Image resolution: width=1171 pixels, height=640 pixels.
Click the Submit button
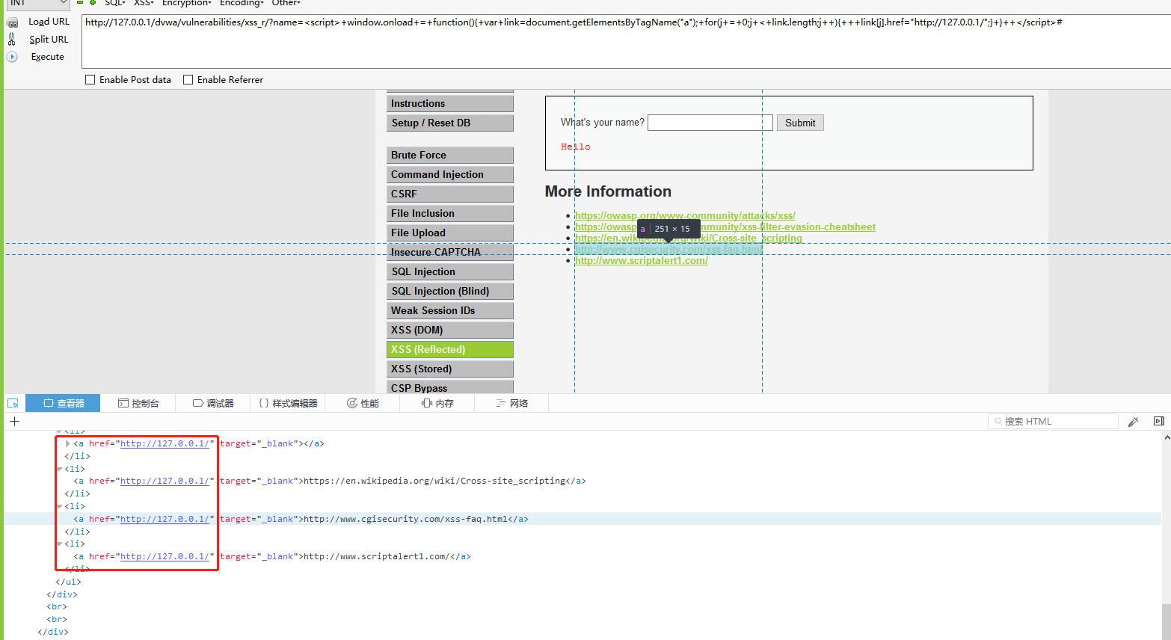click(800, 123)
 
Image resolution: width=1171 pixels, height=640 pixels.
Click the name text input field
click(710, 123)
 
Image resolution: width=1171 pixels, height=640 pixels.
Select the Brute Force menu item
click(449, 155)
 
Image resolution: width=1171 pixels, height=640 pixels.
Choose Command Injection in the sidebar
click(449, 174)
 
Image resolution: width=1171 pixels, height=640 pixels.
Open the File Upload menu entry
click(449, 233)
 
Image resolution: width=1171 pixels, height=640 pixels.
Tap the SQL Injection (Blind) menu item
click(449, 291)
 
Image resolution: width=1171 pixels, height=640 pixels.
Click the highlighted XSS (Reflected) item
click(449, 349)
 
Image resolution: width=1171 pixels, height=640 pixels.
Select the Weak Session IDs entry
click(449, 310)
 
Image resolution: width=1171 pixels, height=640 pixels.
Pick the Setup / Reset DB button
click(449, 123)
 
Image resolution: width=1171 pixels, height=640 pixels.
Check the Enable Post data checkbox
click(90, 80)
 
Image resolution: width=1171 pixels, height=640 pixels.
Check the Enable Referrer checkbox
click(188, 80)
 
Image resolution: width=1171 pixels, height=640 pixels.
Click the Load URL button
click(49, 22)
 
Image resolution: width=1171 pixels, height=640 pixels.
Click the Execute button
click(47, 57)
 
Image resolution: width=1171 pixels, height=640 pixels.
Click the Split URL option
click(49, 40)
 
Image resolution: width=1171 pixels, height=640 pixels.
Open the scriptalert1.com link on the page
click(641, 261)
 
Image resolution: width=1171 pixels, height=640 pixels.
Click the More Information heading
click(608, 191)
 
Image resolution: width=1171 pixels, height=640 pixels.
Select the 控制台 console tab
click(138, 403)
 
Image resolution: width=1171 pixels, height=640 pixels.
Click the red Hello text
click(575, 147)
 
